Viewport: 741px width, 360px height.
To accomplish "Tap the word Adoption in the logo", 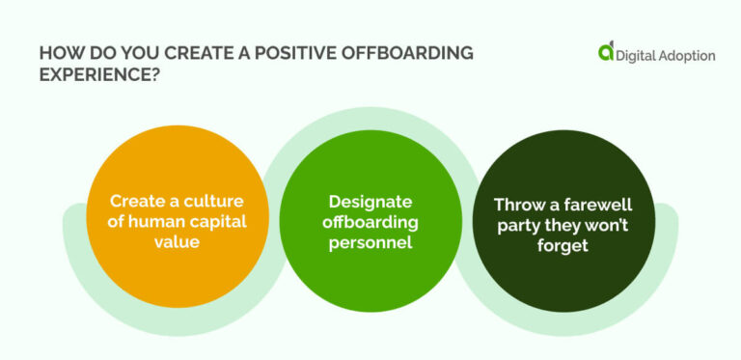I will pos(691,56).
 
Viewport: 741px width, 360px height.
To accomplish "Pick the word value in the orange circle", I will pos(178,243).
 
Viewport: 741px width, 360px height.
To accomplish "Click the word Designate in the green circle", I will pos(370,202).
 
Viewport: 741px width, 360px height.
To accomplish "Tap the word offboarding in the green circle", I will pos(370,222).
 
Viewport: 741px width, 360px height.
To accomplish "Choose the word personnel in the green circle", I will pos(370,243).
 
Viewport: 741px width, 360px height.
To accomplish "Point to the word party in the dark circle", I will pos(516,225).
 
